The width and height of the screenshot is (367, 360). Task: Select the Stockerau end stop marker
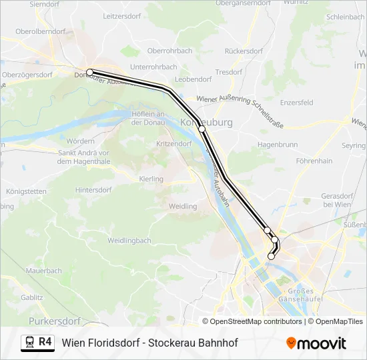pos(89,72)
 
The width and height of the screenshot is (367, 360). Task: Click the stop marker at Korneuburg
pos(202,129)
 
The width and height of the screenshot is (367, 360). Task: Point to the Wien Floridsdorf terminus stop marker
pos(271,256)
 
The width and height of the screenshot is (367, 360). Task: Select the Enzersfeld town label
pos(296,103)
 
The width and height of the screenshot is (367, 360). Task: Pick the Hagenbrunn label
pos(276,144)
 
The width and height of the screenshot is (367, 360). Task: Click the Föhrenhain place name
pos(314,161)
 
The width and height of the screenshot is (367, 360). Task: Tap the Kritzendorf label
pos(173,144)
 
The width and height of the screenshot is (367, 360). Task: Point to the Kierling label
pos(151,179)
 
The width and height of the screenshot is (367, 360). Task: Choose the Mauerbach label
pos(44,271)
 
